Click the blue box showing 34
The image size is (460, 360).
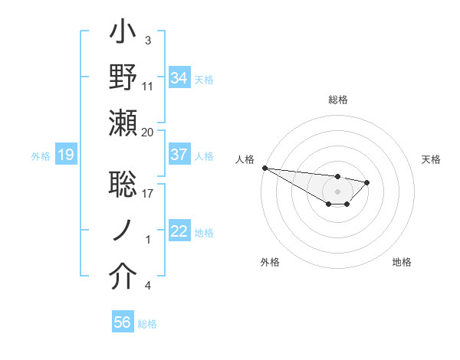coord(179,78)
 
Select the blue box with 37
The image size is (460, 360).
coord(179,155)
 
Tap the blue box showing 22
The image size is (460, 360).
coord(179,232)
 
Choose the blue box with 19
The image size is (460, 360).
coord(65,155)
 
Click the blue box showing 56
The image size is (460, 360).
coord(122,322)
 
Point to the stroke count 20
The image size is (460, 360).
coord(148,132)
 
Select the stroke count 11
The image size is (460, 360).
coord(148,86)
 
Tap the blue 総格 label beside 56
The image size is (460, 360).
coord(147,324)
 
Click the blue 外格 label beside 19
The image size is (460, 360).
coord(41,156)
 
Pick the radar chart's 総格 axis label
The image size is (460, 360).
coord(337,100)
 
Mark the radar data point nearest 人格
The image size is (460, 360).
coord(264,168)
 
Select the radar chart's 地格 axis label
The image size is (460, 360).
coord(402,262)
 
